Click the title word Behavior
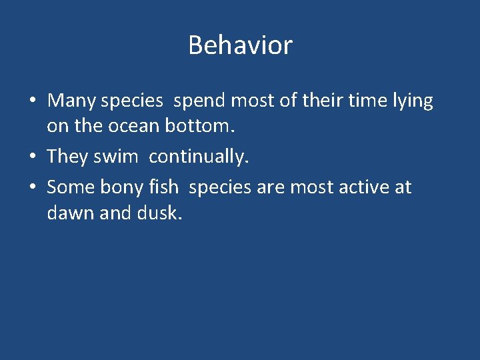click(x=240, y=45)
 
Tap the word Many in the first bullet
click(x=71, y=101)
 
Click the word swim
click(x=117, y=157)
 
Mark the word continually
click(x=199, y=157)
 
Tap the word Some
click(x=71, y=187)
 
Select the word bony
click(x=117, y=187)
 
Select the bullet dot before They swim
click(x=32, y=157)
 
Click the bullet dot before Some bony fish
click(x=32, y=188)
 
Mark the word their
click(x=321, y=101)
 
